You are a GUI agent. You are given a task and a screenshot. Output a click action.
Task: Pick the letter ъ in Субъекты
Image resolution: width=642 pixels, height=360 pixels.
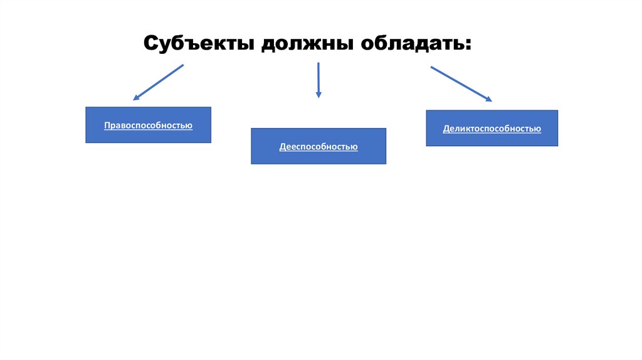click(194, 45)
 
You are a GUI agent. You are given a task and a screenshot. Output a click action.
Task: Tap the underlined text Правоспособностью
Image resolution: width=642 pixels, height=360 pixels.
click(148, 125)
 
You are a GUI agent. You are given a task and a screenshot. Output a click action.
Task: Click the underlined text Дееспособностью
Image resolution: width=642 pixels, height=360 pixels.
click(318, 147)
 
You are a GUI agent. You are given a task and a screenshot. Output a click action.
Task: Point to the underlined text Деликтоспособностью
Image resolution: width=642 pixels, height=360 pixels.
click(492, 129)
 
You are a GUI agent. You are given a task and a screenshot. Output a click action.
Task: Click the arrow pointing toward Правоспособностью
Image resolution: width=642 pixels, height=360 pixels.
click(158, 82)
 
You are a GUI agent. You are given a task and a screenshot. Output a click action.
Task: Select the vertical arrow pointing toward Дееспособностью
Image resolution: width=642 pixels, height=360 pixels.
click(318, 80)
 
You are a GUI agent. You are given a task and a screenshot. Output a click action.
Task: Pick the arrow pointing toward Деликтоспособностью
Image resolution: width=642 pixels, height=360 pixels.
click(461, 83)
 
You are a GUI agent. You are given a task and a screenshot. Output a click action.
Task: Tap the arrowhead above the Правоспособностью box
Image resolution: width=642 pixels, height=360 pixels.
click(136, 98)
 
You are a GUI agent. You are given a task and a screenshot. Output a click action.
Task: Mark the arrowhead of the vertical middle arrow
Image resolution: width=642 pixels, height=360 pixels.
click(318, 95)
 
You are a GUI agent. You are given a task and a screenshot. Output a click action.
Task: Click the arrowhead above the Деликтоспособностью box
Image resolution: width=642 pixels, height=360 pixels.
click(488, 99)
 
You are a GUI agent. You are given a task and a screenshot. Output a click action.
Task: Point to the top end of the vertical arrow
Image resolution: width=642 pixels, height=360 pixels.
click(318, 63)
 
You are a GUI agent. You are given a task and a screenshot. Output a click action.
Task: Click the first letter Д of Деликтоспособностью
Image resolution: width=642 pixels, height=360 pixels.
click(446, 129)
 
